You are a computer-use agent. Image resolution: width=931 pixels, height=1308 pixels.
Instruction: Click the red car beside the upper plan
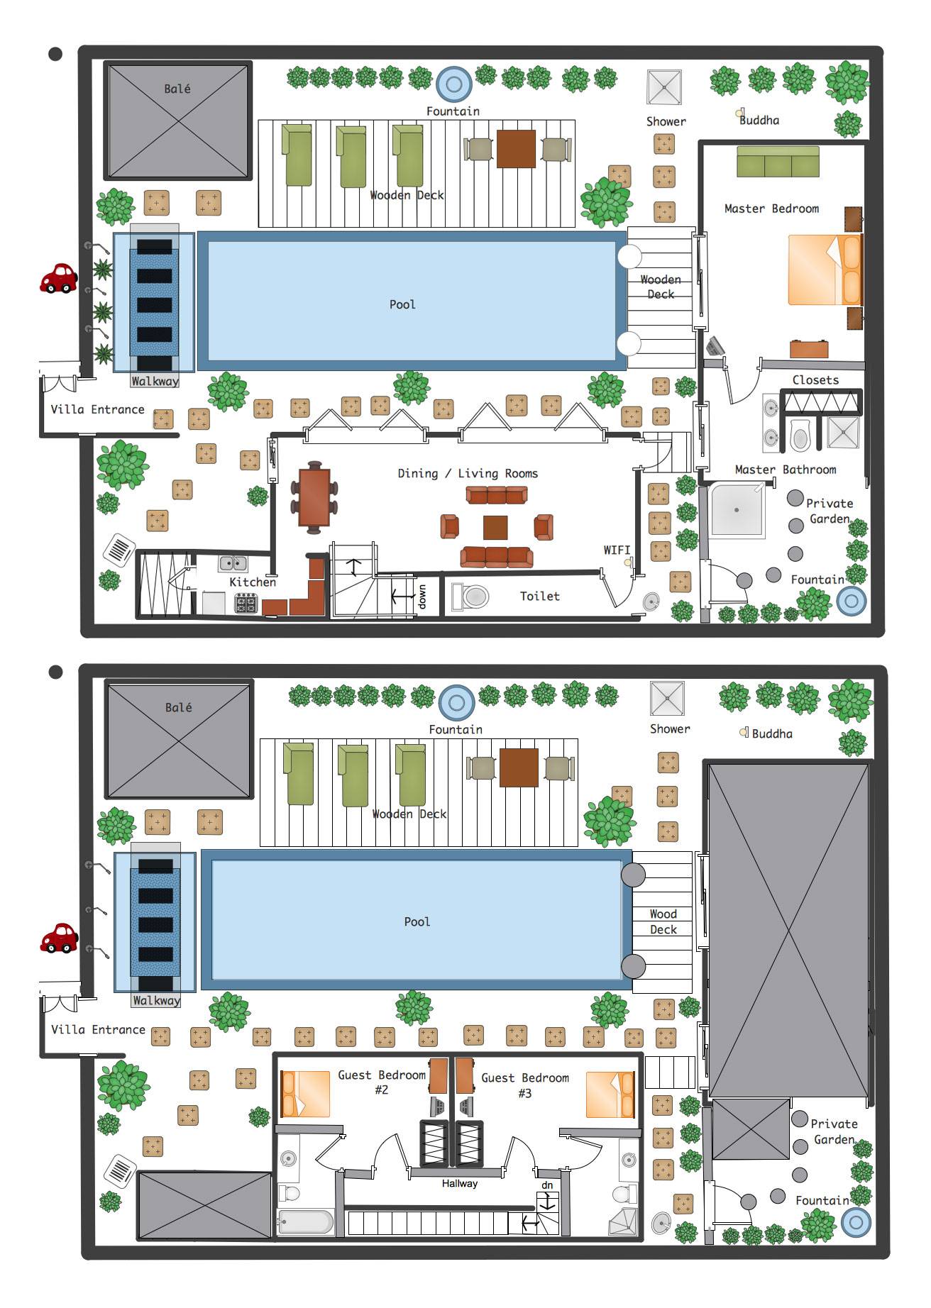click(x=58, y=278)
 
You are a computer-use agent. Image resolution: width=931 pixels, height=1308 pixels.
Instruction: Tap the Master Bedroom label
click(x=771, y=209)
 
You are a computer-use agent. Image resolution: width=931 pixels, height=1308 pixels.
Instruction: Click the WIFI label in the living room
click(x=617, y=550)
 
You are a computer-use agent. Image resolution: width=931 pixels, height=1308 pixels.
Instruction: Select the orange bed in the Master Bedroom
click(x=825, y=270)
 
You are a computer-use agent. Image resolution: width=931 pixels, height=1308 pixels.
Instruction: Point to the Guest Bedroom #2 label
click(x=382, y=1082)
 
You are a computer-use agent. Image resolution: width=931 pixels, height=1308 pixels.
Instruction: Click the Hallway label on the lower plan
click(x=460, y=1183)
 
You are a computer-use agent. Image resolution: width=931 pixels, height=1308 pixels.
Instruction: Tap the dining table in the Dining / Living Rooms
click(x=314, y=497)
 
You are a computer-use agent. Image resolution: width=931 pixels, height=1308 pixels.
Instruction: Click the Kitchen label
click(x=253, y=582)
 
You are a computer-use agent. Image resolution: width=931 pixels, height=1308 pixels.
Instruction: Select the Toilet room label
click(x=540, y=596)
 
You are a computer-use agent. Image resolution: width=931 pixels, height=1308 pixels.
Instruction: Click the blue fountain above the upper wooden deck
click(x=454, y=84)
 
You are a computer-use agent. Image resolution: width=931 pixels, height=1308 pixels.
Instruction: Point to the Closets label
click(x=815, y=380)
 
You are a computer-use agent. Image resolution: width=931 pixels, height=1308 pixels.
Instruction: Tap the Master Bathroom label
click(x=786, y=470)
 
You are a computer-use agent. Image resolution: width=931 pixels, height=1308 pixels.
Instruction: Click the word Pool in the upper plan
click(x=402, y=304)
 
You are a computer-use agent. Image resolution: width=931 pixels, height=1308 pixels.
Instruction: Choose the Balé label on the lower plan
click(x=178, y=707)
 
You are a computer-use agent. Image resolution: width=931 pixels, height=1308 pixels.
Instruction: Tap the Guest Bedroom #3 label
click(x=525, y=1085)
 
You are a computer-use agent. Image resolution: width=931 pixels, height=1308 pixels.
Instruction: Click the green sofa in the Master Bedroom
click(x=778, y=162)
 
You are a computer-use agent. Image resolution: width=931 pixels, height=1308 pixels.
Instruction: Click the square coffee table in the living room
click(x=495, y=528)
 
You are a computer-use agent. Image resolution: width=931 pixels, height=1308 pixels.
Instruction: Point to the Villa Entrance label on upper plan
click(x=97, y=409)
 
